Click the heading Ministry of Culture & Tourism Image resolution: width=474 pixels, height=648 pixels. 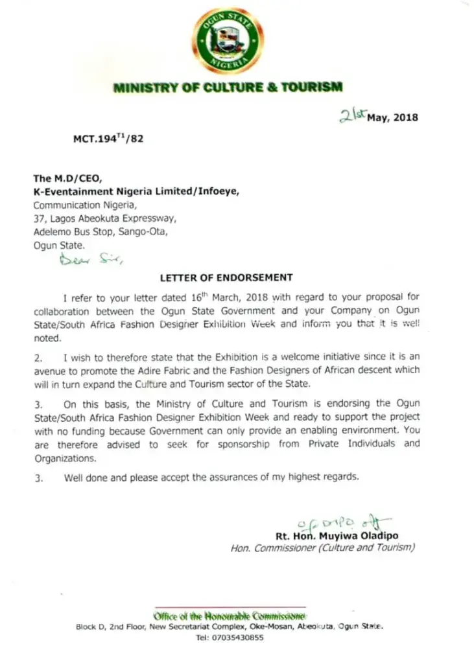tap(228, 88)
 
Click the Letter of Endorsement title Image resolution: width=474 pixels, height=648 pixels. tap(226, 277)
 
